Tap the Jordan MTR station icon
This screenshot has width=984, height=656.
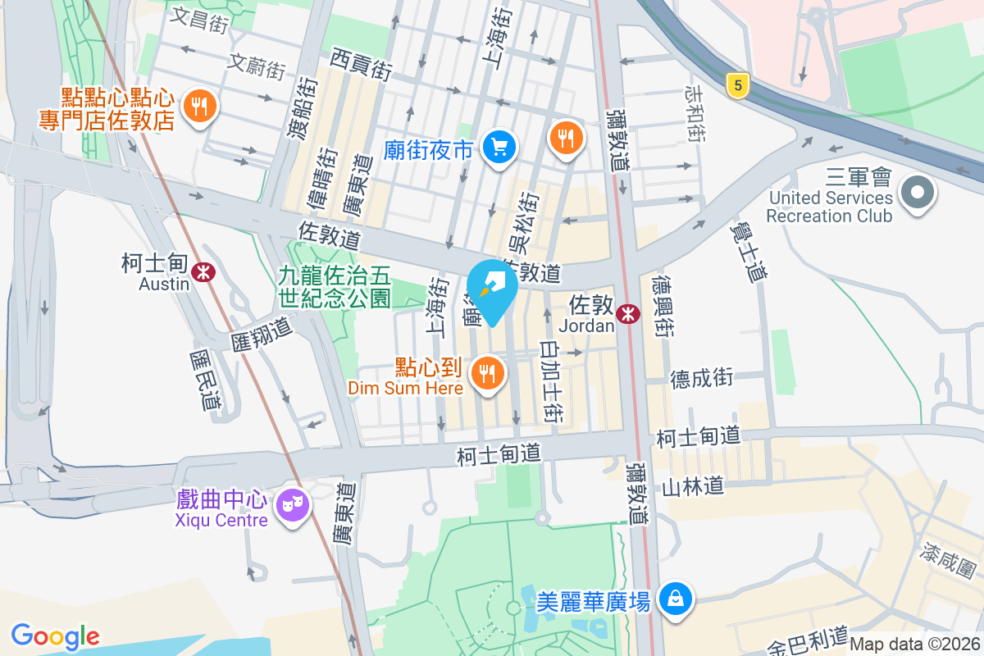(x=629, y=313)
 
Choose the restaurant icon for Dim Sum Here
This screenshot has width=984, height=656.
(x=488, y=373)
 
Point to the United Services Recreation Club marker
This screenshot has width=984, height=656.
(x=917, y=194)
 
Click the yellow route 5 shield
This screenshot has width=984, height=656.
(x=739, y=84)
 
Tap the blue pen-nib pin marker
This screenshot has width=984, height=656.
(x=492, y=287)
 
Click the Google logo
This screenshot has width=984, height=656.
(x=55, y=635)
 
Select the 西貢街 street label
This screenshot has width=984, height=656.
(x=362, y=64)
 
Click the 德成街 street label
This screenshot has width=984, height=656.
(x=701, y=378)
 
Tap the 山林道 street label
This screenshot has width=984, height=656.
(x=693, y=487)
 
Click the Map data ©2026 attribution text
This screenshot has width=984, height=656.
(x=914, y=644)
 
